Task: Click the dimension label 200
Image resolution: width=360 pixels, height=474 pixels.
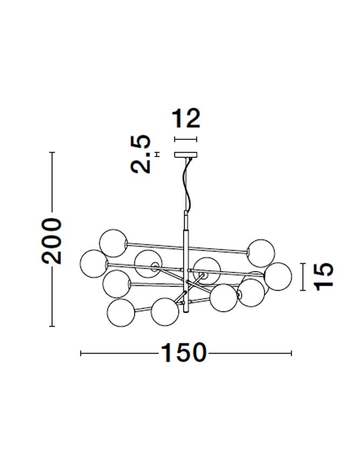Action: point(52,241)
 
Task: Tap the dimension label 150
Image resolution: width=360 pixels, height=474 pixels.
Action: point(184,353)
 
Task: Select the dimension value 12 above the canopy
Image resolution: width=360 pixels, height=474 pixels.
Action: point(186,119)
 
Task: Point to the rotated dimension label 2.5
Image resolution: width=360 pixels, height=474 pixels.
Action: point(141,154)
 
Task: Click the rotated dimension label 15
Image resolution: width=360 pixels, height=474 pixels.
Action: point(324,277)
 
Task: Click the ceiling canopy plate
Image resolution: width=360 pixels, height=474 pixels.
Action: point(186,155)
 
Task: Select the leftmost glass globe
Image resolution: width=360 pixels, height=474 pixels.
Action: point(94,263)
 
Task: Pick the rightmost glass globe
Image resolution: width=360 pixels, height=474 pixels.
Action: point(278,277)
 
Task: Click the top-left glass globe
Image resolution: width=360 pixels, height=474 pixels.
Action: point(113,243)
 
